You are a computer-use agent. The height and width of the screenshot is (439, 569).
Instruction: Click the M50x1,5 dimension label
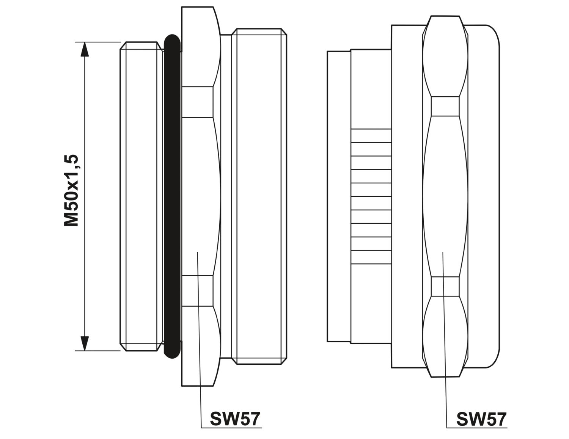(x=71, y=190)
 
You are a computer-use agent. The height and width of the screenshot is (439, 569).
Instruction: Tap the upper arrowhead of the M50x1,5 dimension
(x=84, y=49)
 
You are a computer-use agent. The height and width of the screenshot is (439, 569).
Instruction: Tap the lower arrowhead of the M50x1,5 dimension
(x=84, y=343)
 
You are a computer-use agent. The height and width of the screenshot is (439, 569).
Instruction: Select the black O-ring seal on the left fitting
(x=172, y=196)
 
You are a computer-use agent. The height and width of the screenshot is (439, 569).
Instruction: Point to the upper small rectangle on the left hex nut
(x=197, y=102)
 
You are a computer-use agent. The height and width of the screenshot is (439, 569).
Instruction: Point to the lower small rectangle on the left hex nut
(x=197, y=290)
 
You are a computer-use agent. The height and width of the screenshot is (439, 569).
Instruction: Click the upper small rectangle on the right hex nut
(x=445, y=106)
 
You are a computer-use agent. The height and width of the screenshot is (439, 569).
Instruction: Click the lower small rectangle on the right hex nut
(x=445, y=286)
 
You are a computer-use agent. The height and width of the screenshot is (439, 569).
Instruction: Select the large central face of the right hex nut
(x=445, y=196)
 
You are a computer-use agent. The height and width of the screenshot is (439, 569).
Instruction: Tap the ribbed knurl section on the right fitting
(x=371, y=196)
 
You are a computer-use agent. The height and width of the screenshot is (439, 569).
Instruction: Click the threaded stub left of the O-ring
(x=141, y=196)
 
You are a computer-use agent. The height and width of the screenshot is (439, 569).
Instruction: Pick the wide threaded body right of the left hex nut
(x=259, y=196)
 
